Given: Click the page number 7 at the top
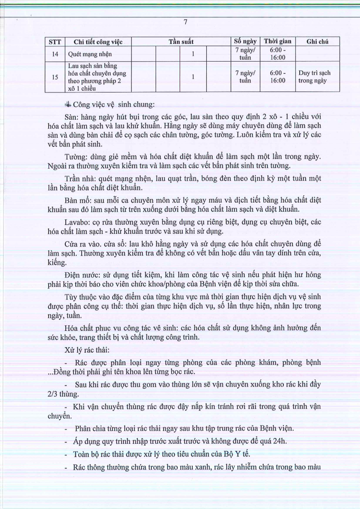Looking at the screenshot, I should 185,22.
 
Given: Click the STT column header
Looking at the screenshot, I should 55,42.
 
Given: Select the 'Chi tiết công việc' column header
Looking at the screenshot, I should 98,42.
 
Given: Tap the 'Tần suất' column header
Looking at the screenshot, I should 181,42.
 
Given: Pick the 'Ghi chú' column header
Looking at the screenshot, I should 317,42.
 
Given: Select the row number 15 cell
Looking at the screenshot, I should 55,77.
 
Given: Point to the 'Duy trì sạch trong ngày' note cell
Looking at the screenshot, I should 314,77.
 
